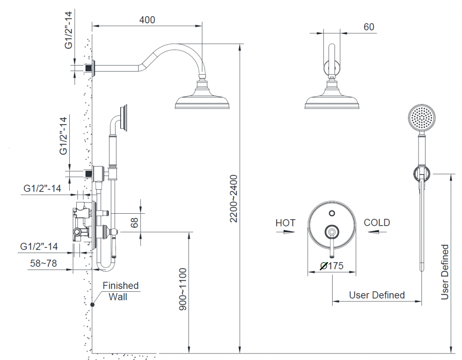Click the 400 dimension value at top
coord(147,20)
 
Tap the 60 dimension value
coord(369,27)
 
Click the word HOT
coord(285,223)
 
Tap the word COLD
coord(377,222)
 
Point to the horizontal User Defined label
coord(377,295)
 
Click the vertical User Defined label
coord(445,272)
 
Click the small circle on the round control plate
coord(332,213)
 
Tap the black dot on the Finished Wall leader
coord(93,305)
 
